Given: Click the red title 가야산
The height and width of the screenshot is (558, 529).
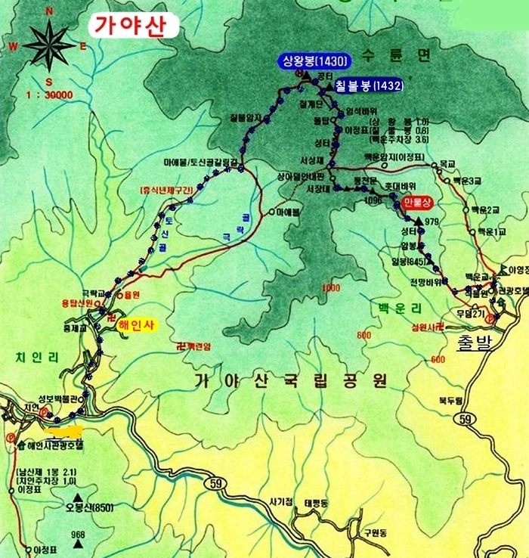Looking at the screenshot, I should (x=135, y=25).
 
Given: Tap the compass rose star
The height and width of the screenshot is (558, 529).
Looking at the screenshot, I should (x=49, y=45).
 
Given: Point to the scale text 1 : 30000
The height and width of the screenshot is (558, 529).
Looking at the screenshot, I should (x=48, y=95).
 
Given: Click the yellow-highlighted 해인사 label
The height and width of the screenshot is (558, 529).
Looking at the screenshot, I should (x=136, y=326).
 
